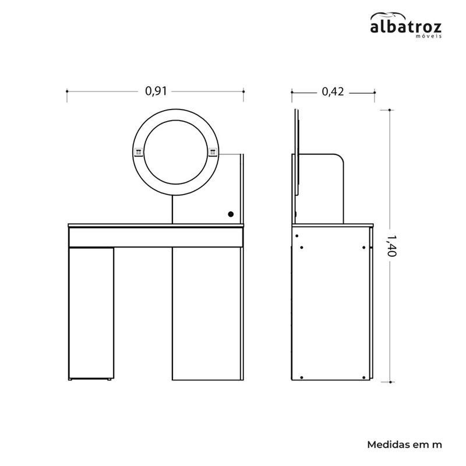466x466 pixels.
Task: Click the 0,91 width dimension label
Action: coord(156,91)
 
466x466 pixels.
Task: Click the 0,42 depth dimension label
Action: coord(333,91)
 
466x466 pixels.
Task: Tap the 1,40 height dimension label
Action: coord(391,245)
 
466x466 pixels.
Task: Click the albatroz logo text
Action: coord(405,27)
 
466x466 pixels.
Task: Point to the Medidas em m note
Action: coord(404,445)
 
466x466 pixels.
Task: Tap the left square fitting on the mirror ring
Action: coord(139,152)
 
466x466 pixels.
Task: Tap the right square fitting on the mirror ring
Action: coord(213,152)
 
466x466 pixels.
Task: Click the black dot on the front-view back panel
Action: coord(231,214)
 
